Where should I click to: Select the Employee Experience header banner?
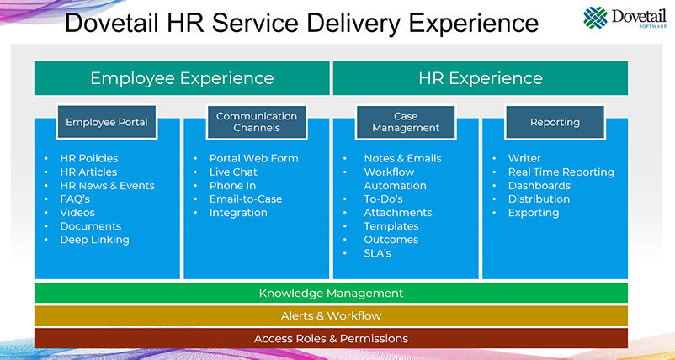click(x=182, y=78)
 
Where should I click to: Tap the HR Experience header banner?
click(x=480, y=78)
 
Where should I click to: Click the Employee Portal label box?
click(x=107, y=122)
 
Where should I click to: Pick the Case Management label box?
click(x=406, y=122)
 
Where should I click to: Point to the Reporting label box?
click(x=555, y=122)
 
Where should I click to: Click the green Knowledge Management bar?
click(x=331, y=294)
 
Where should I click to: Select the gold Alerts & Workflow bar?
click(x=331, y=316)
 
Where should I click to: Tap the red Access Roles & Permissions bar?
click(x=331, y=338)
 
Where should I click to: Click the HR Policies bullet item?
click(x=88, y=158)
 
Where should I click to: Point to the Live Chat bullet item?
click(x=233, y=172)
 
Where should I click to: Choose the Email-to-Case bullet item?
click(x=246, y=199)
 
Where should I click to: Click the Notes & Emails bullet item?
click(x=402, y=158)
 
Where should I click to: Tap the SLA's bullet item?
click(x=377, y=253)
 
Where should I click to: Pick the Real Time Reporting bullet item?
click(x=561, y=172)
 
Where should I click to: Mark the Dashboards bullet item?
click(x=539, y=185)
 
